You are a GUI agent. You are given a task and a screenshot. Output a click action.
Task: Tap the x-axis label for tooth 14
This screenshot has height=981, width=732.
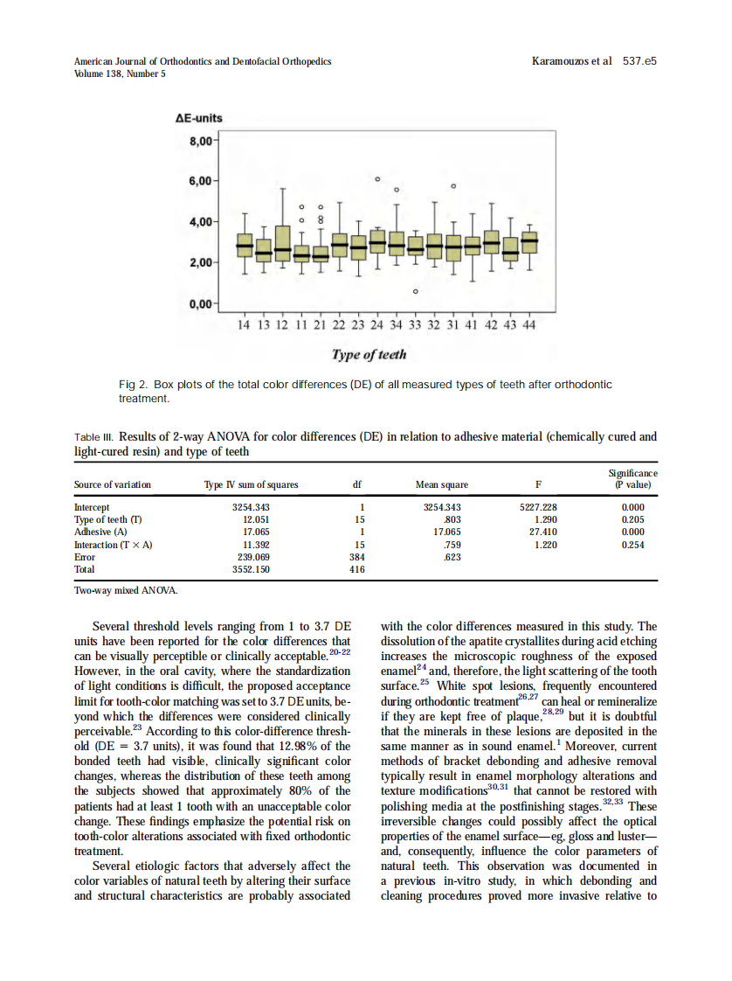[245, 325]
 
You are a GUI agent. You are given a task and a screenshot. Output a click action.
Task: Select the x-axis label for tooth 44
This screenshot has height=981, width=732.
[528, 325]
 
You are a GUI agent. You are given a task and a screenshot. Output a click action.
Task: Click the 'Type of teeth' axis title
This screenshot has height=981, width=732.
[369, 355]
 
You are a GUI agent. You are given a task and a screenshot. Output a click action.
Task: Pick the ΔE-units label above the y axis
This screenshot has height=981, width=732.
[198, 119]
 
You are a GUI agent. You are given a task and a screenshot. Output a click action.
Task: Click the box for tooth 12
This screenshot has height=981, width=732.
[282, 244]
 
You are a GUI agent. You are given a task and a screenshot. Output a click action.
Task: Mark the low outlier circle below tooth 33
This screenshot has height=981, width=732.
[416, 290]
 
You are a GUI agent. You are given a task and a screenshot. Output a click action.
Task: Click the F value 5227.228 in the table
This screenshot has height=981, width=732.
[538, 507]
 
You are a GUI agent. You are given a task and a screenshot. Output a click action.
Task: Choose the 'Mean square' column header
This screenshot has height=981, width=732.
[441, 484]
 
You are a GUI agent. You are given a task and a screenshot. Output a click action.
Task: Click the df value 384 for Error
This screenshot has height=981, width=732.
[356, 556]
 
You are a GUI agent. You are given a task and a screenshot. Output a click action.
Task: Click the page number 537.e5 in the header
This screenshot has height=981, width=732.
[639, 62]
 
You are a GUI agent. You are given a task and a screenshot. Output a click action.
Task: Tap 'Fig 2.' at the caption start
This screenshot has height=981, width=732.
[134, 385]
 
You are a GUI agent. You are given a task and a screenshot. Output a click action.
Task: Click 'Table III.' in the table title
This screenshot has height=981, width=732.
[93, 436]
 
